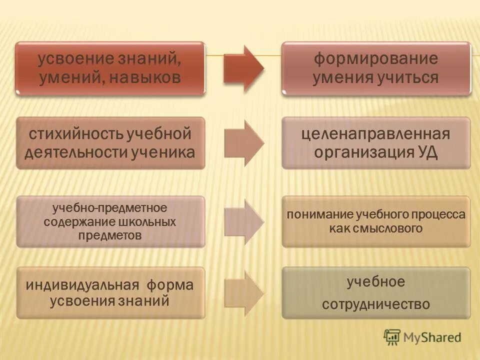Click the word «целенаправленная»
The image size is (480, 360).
[375, 134]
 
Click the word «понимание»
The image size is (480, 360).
[319, 215]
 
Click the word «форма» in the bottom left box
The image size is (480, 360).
[170, 285]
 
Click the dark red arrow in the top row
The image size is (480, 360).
[243, 68]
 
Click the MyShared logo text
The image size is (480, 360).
[433, 337]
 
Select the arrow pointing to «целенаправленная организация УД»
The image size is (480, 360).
[243, 143]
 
